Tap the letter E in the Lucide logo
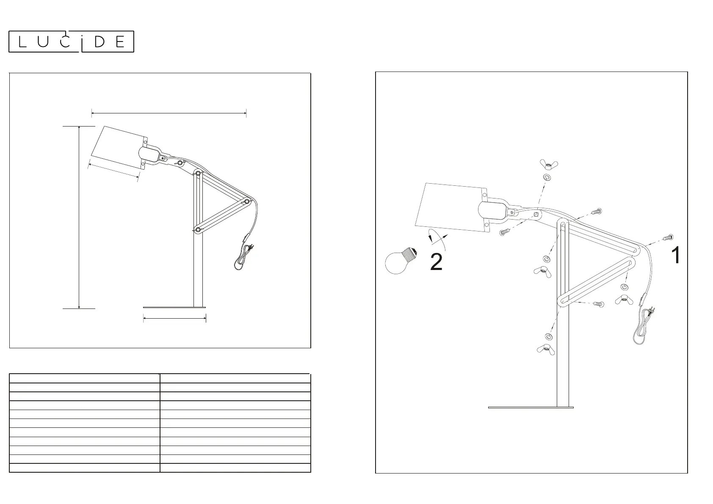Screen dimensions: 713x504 (120, 41)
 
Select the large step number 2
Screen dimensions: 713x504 (436, 262)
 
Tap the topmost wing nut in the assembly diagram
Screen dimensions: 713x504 (549, 164)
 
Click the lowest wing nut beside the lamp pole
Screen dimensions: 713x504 (546, 349)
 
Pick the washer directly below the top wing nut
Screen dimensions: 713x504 (547, 177)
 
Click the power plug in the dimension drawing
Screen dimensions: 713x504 (251, 246)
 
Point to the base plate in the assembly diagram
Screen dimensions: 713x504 (531, 408)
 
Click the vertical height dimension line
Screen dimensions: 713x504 (79, 217)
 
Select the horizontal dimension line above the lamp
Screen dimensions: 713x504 (169, 113)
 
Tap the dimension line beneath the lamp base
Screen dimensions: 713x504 (174, 319)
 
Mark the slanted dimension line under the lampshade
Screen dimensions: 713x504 (113, 171)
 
